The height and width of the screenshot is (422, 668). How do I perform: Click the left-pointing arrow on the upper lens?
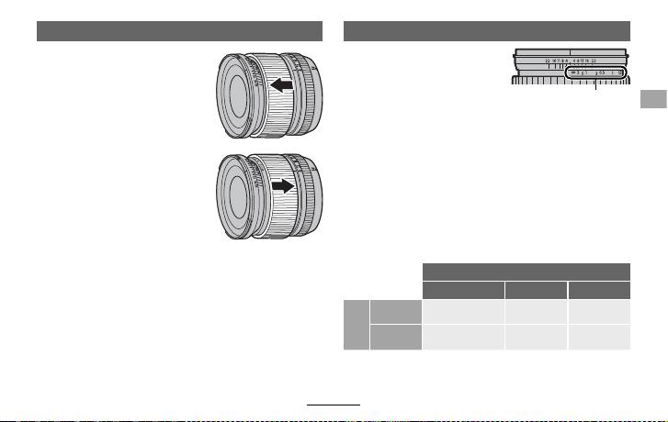[282, 85]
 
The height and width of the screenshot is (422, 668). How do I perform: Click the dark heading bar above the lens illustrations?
[179, 31]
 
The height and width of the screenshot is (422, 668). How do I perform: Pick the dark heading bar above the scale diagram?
[486, 31]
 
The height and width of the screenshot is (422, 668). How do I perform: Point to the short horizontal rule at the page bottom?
[334, 403]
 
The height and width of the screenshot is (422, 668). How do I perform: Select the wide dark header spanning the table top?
[526, 272]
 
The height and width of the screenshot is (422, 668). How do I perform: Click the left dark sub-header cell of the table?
[464, 290]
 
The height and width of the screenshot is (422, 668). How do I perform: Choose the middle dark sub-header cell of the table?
[537, 290]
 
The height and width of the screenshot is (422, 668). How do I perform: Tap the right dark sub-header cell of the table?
[599, 290]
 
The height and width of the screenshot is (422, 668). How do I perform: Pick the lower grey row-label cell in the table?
[395, 337]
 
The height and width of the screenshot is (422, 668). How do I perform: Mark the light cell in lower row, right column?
[599, 337]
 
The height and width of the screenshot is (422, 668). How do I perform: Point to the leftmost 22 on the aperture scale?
[548, 60]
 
